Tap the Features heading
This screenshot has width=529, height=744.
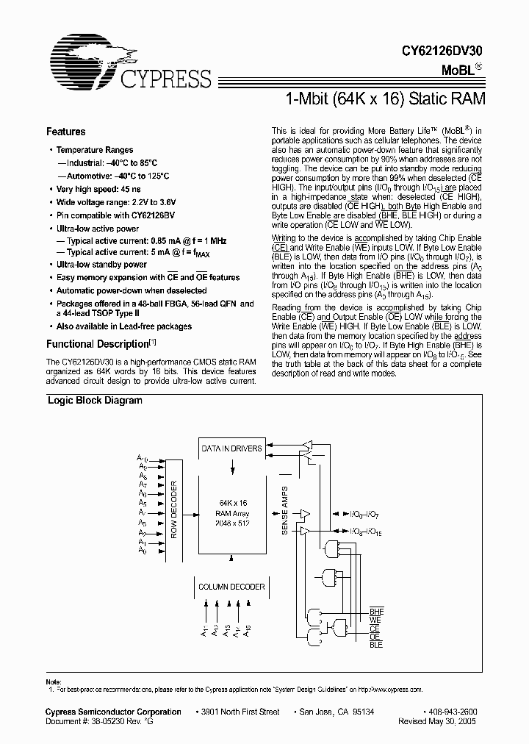click(x=65, y=132)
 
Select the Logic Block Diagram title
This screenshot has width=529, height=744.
click(x=95, y=401)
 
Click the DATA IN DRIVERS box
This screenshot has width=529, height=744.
click(x=232, y=448)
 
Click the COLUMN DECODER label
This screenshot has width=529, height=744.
click(x=232, y=587)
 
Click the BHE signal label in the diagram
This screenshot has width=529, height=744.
click(x=377, y=612)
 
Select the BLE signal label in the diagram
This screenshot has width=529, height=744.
click(x=376, y=644)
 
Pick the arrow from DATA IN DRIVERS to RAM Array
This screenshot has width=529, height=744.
click(x=233, y=466)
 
